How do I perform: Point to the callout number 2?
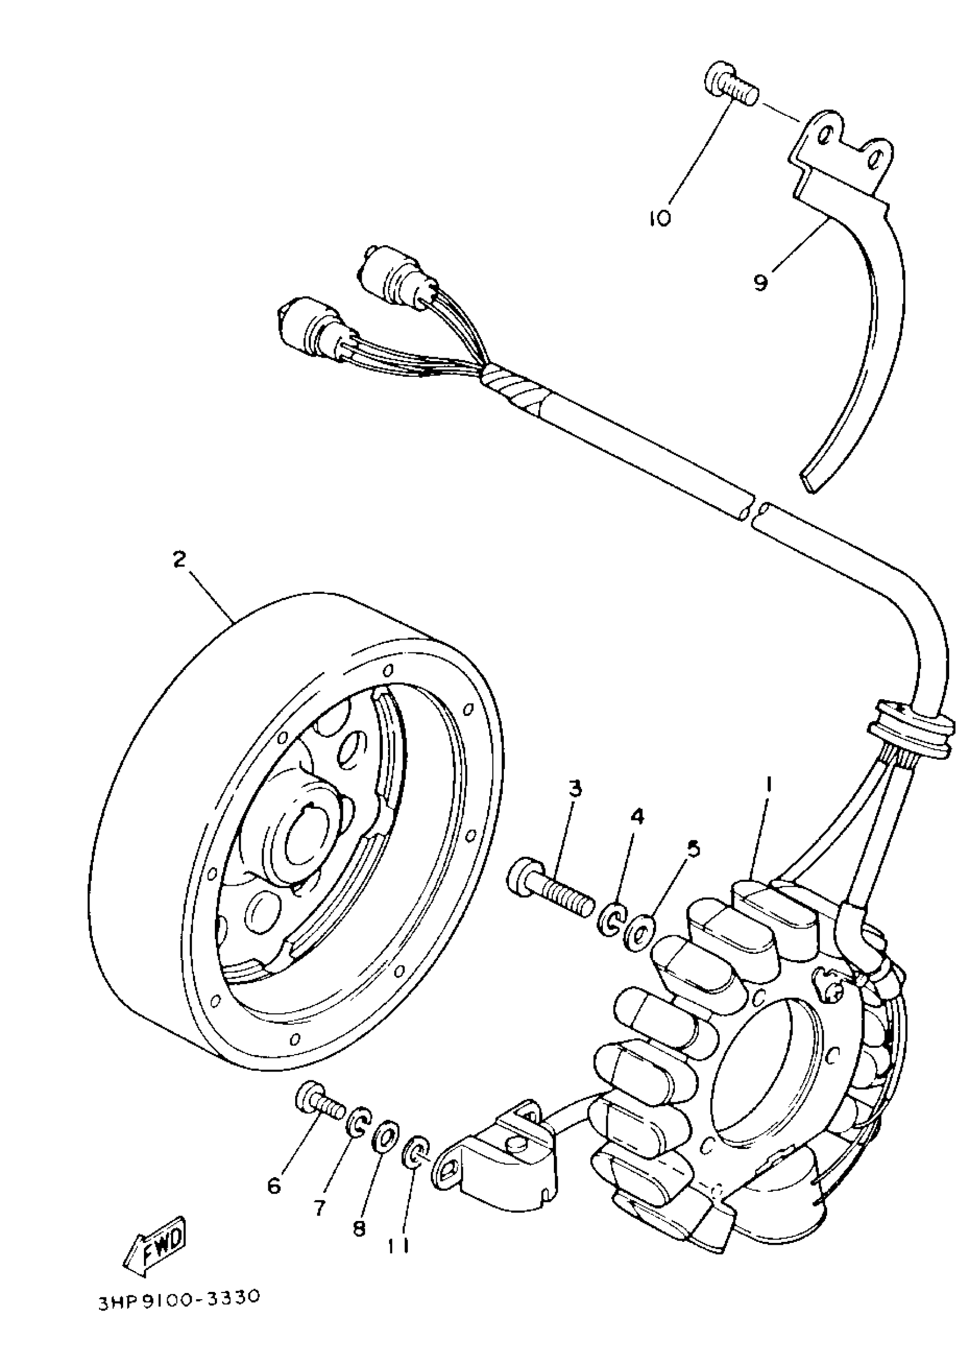[x=179, y=559]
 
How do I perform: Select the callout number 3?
[x=574, y=790]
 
